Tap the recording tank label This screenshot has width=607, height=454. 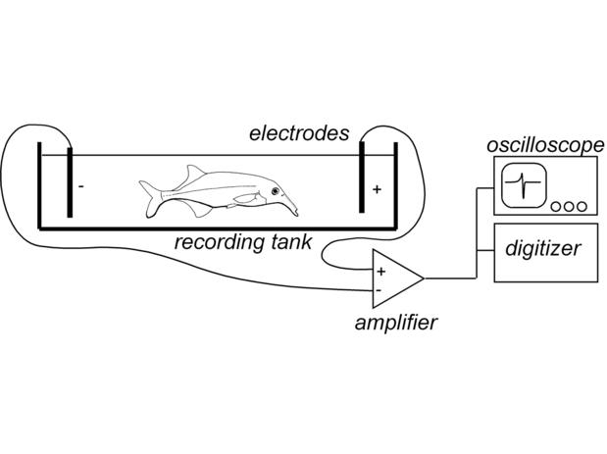click(x=244, y=242)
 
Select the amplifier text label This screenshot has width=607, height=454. click(x=396, y=323)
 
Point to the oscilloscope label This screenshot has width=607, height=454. click(x=545, y=146)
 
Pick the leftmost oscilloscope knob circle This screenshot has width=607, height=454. click(x=556, y=207)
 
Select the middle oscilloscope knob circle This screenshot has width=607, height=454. click(x=570, y=207)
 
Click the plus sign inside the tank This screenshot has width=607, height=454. click(x=377, y=189)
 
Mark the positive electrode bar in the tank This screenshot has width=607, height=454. click(x=362, y=182)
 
